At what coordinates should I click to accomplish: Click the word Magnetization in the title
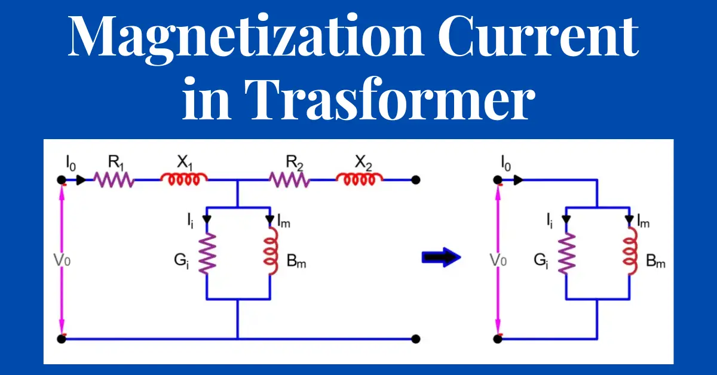pos(246,39)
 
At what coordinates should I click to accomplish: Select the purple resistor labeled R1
pos(114,180)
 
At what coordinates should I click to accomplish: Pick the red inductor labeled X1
pos(184,179)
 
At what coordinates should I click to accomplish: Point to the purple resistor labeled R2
pos(289,180)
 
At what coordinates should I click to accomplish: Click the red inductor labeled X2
pos(360,179)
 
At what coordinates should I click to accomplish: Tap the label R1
pos(116,162)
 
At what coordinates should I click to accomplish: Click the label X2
pos(364,162)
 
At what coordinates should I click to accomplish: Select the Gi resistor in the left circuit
pos(207,253)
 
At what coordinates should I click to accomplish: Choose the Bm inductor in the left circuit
pos(271,251)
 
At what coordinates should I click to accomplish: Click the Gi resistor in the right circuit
pos(566,253)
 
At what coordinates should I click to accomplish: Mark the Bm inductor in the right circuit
pos(630,251)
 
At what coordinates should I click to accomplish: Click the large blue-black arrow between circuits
pos(442,257)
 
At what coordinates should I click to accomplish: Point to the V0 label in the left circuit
pos(62,260)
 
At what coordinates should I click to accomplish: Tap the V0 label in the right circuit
pos(498,260)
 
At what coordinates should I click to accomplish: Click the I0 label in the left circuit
pos(71,162)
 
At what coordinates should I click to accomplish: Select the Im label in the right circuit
pos(644,222)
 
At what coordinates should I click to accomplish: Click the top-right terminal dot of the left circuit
pos(415,180)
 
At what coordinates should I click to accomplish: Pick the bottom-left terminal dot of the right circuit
pos(498,339)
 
